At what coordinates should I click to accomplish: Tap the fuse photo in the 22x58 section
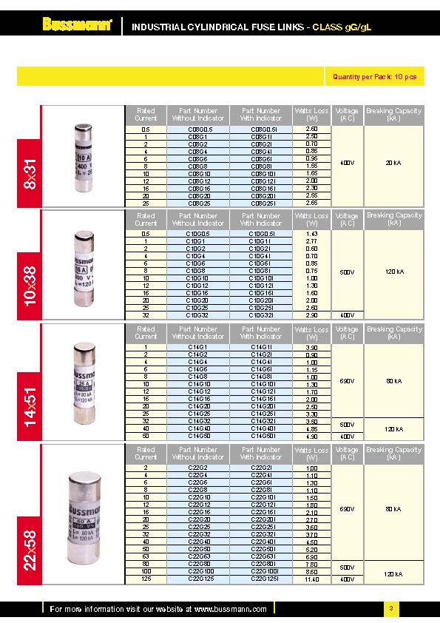[83, 513]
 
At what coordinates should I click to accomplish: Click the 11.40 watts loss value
[311, 579]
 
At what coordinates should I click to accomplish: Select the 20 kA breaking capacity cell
[393, 162]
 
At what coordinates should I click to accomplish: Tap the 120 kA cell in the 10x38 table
[393, 272]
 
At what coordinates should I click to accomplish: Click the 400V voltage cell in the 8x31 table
[346, 162]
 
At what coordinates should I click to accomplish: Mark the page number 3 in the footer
[390, 608]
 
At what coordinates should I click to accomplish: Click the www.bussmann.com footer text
[230, 609]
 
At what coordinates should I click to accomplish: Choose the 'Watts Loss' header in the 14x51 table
[311, 333]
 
